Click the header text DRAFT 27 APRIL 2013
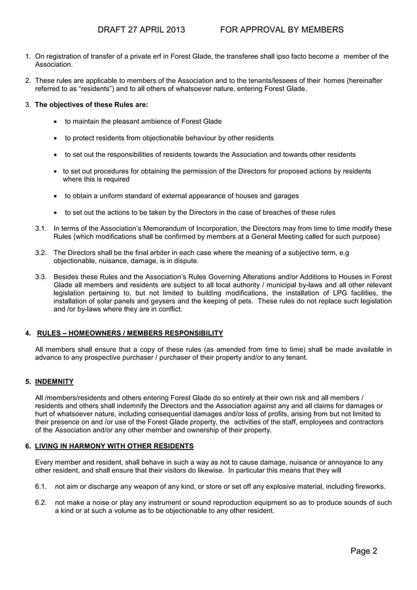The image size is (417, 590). click(141, 30)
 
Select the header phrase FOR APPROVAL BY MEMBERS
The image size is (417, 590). click(282, 30)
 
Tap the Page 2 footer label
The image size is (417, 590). click(363, 551)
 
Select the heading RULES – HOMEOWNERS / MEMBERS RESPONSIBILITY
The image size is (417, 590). click(130, 333)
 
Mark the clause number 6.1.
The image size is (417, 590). click(41, 487)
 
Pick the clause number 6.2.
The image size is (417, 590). click(41, 503)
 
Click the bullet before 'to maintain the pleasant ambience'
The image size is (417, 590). click(56, 122)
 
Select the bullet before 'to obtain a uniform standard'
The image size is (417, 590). click(56, 196)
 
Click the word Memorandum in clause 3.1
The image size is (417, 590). click(152, 228)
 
